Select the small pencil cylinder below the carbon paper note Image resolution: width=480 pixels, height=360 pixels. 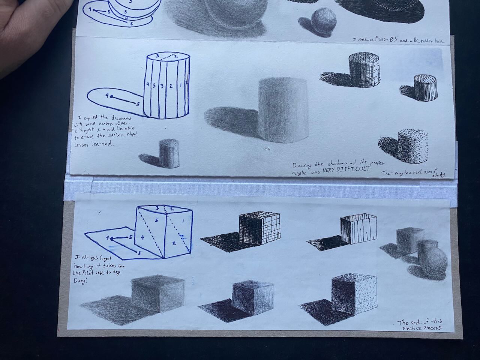168,154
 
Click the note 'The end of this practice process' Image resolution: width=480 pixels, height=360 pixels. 420,325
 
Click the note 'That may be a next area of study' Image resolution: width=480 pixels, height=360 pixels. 412,173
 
